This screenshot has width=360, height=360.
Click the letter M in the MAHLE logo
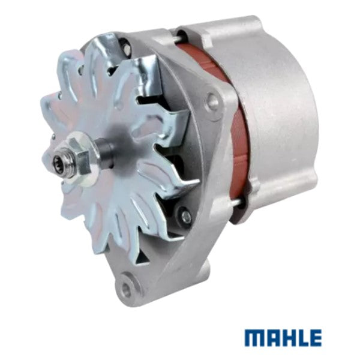point(254,338)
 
